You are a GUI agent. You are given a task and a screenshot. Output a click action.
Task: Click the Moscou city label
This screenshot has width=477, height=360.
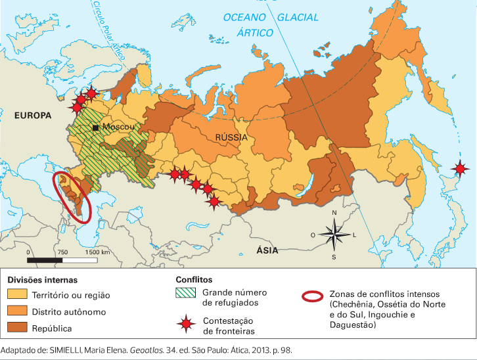pos(118,127)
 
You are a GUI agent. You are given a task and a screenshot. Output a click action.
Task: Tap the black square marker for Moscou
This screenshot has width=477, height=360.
pos(96,127)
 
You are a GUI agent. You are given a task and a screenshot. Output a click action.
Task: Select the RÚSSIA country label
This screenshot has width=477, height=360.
pos(231,137)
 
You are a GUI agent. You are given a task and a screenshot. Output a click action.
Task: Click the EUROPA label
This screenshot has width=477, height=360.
pos(32,116)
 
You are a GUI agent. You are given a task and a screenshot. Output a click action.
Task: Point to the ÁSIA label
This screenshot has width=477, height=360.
pos(267,250)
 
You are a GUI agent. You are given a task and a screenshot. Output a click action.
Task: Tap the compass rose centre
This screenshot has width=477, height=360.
pos(334,235)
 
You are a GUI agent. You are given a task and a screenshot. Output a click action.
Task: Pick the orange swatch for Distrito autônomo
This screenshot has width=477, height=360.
pos(16,312)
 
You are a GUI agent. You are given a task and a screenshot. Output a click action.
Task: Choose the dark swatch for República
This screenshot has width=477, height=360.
pos(16,328)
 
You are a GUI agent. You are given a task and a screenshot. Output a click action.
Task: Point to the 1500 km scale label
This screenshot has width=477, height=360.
pos(97,252)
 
